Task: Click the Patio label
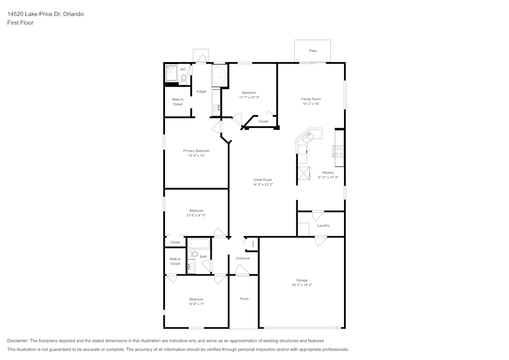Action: (x=313, y=51)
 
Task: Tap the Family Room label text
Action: (x=311, y=99)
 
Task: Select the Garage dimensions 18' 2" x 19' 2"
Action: (x=301, y=285)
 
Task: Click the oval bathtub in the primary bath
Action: (x=219, y=76)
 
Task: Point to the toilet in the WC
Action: (x=184, y=78)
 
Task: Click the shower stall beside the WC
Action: (x=171, y=74)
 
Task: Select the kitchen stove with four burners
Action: (x=338, y=151)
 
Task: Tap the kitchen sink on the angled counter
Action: (x=308, y=136)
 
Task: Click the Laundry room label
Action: (x=323, y=226)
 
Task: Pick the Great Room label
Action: (x=263, y=180)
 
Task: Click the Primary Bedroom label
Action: (x=196, y=151)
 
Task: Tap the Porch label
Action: (x=244, y=299)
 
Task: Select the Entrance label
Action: (x=243, y=258)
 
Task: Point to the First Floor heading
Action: (x=20, y=23)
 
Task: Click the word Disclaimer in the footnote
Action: (x=18, y=341)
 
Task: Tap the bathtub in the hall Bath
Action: (x=199, y=243)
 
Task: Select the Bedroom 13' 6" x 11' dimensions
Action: (x=196, y=304)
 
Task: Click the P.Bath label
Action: (x=202, y=92)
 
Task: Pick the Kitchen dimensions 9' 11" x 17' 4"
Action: (x=328, y=177)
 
